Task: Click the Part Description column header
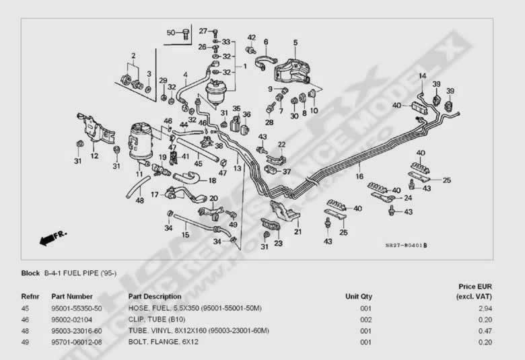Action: pos(155,296)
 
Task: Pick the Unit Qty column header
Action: pos(358,296)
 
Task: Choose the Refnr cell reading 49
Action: pos(26,342)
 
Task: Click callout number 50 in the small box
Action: pos(170,32)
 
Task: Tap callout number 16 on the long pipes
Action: pos(360,176)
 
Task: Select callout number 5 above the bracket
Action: pos(295,42)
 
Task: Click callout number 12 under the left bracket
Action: pos(95,156)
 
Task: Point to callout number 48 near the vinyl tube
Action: pos(139,200)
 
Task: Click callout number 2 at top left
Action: pos(133,55)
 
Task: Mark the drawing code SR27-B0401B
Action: pos(406,246)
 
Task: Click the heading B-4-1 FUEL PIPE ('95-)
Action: pos(80,274)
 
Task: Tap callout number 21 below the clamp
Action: pos(297,231)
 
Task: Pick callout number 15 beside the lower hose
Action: pos(185,234)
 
